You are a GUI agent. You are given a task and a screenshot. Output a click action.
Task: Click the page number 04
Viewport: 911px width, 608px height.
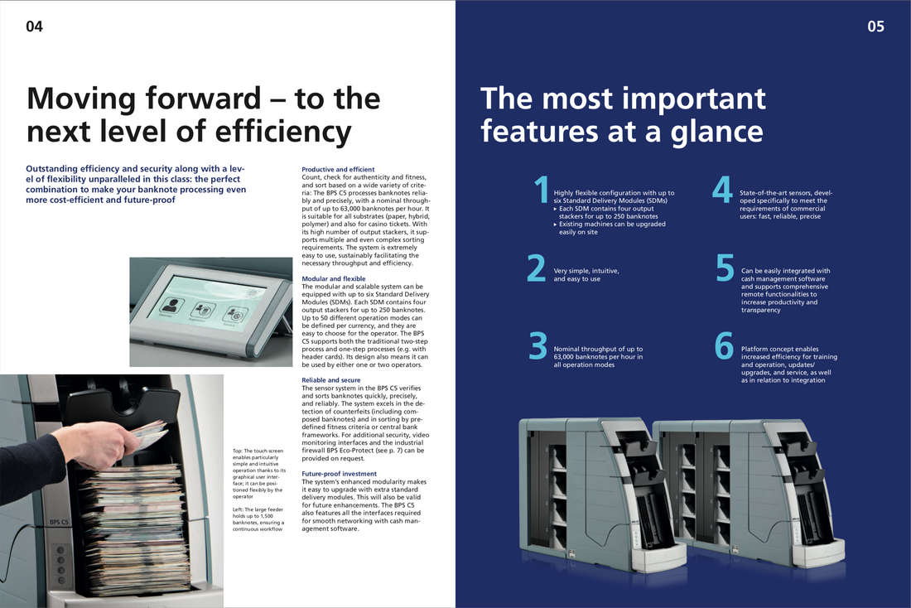pos(34,27)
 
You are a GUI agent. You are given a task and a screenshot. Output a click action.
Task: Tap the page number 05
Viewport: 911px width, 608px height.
pos(875,27)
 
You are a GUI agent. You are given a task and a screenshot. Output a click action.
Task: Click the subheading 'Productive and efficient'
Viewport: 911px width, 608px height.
pos(338,169)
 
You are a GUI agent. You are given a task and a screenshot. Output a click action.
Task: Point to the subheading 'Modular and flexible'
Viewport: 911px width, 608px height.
pos(334,278)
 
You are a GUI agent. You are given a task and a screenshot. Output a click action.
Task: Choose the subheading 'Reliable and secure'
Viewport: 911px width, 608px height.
pos(331,380)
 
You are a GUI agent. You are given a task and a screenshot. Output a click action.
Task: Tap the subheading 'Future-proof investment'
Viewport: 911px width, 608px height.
pos(340,474)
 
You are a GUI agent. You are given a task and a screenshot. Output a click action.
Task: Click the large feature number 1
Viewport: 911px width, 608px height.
pos(542,190)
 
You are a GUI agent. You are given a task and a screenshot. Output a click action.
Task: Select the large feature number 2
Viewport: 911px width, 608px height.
pos(537,268)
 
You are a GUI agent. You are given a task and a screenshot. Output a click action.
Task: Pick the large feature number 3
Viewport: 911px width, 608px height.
pos(538,345)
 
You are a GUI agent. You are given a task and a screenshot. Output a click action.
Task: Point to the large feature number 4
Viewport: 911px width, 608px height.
pos(722,190)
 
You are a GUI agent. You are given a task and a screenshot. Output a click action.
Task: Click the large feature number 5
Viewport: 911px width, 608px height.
pos(725,268)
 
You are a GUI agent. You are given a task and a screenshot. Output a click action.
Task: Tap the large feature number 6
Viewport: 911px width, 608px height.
pos(724,345)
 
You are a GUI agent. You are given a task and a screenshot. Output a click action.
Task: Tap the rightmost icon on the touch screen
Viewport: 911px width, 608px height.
pos(234,316)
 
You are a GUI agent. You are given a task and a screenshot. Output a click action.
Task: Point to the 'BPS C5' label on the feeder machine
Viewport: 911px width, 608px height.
pos(59,522)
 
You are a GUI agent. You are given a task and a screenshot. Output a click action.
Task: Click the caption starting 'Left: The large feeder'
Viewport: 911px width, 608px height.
pos(258,519)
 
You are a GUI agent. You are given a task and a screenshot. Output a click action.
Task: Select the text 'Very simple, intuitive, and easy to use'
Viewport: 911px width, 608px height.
pos(586,275)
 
